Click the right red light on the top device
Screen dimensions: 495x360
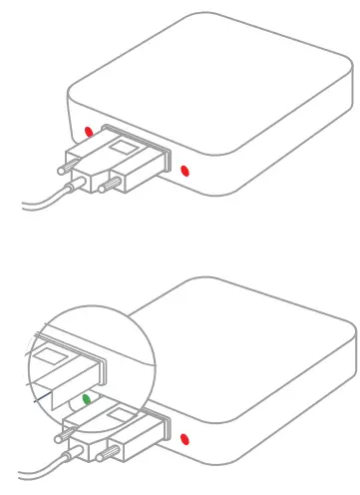pos(184,171)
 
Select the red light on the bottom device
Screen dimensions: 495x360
pos(184,437)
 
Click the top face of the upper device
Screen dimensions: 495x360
pos(219,80)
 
